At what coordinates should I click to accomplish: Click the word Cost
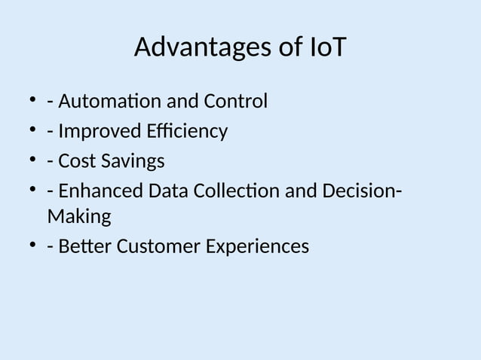(x=76, y=161)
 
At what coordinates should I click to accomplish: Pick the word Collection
(x=237, y=192)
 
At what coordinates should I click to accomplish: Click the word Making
(x=78, y=218)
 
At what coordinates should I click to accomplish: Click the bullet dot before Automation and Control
(x=33, y=100)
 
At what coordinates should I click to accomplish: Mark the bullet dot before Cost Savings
(x=33, y=160)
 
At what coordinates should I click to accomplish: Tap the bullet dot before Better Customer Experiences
(x=33, y=246)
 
